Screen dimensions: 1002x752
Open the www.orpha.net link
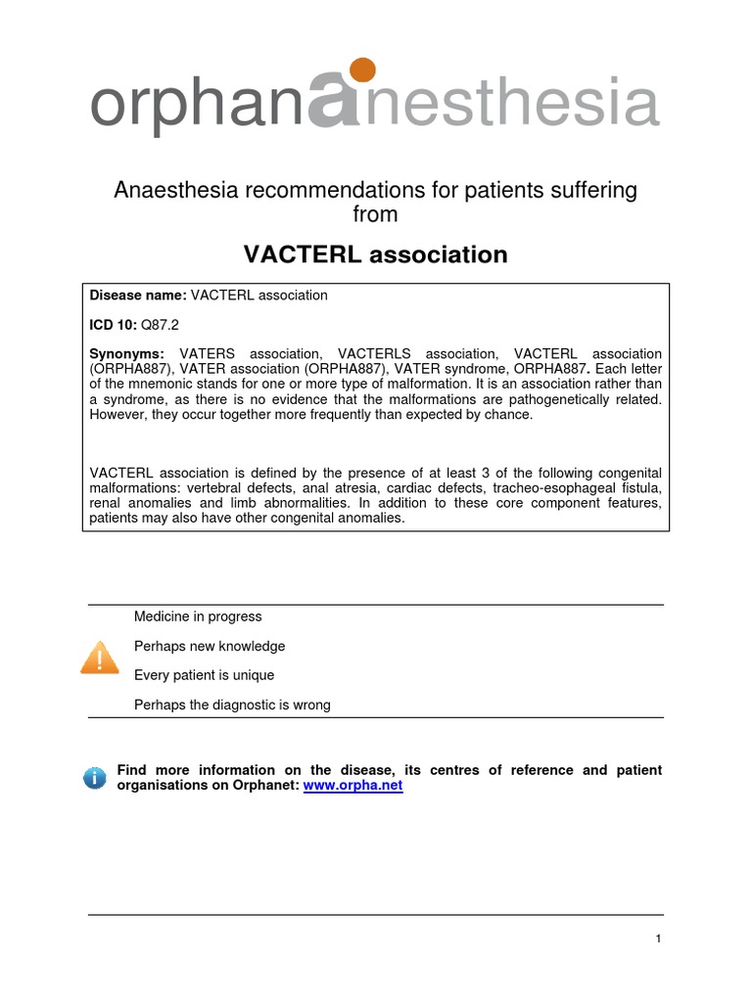353,786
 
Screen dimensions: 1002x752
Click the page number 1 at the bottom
659,938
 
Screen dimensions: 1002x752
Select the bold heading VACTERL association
375,255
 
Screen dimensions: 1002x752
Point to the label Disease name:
138,295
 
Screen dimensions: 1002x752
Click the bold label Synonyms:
127,352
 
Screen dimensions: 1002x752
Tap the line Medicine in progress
198,616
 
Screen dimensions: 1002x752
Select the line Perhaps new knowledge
210,646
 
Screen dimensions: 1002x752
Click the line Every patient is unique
204,675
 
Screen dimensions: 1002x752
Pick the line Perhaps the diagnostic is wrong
232,705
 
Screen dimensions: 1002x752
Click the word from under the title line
375,213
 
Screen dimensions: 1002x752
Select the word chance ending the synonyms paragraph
512,414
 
